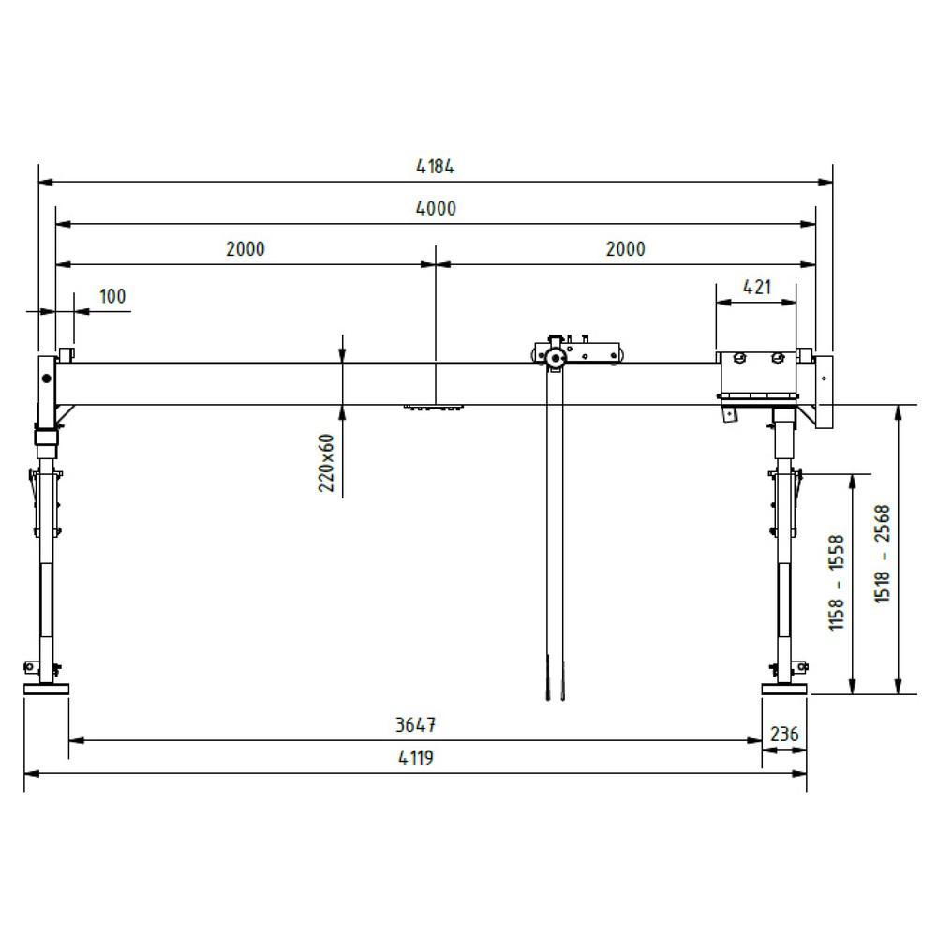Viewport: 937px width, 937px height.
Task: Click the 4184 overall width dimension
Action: (435, 166)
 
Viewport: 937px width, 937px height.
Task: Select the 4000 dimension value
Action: (436, 209)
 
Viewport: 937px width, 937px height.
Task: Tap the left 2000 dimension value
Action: (245, 248)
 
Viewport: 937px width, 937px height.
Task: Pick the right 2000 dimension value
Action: (625, 248)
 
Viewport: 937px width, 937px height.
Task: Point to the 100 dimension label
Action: (112, 296)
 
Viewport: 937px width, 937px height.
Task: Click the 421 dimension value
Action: (756, 288)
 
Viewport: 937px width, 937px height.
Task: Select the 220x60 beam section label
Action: (326, 463)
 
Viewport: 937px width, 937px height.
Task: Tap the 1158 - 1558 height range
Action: (837, 583)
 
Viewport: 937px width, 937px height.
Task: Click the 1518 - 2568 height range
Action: (883, 554)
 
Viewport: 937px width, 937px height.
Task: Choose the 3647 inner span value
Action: (415, 725)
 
